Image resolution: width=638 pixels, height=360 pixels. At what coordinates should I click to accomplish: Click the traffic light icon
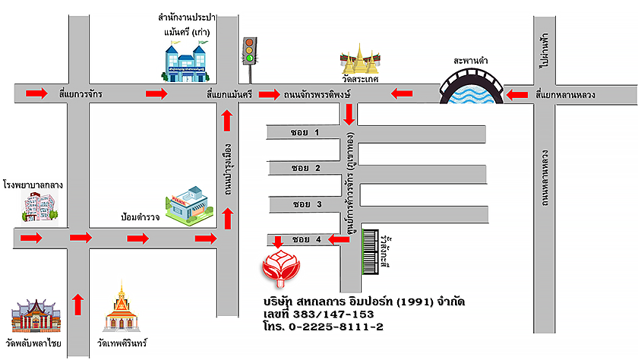point(248,52)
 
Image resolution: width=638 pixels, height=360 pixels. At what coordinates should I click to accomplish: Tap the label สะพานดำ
point(470,58)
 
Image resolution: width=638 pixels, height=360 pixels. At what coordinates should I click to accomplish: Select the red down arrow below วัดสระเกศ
point(349,115)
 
